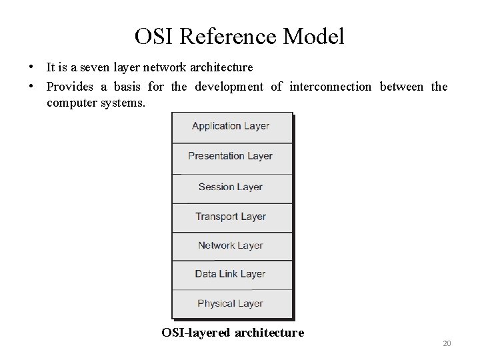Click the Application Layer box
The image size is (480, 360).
tap(231, 127)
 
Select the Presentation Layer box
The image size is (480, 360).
tap(231, 157)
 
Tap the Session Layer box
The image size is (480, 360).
tap(231, 187)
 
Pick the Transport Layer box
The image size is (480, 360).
tap(231, 217)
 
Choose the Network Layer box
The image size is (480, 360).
tap(231, 246)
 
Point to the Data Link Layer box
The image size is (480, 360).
tap(231, 274)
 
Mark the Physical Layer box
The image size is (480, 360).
tap(231, 303)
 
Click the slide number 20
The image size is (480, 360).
tap(447, 343)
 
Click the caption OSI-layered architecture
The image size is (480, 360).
tap(233, 332)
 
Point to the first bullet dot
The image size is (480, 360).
tap(31, 67)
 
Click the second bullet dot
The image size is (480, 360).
tap(31, 86)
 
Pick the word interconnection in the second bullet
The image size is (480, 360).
tap(331, 87)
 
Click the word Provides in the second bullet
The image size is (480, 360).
tap(69, 87)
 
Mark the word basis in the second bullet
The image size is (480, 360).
tap(126, 87)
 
